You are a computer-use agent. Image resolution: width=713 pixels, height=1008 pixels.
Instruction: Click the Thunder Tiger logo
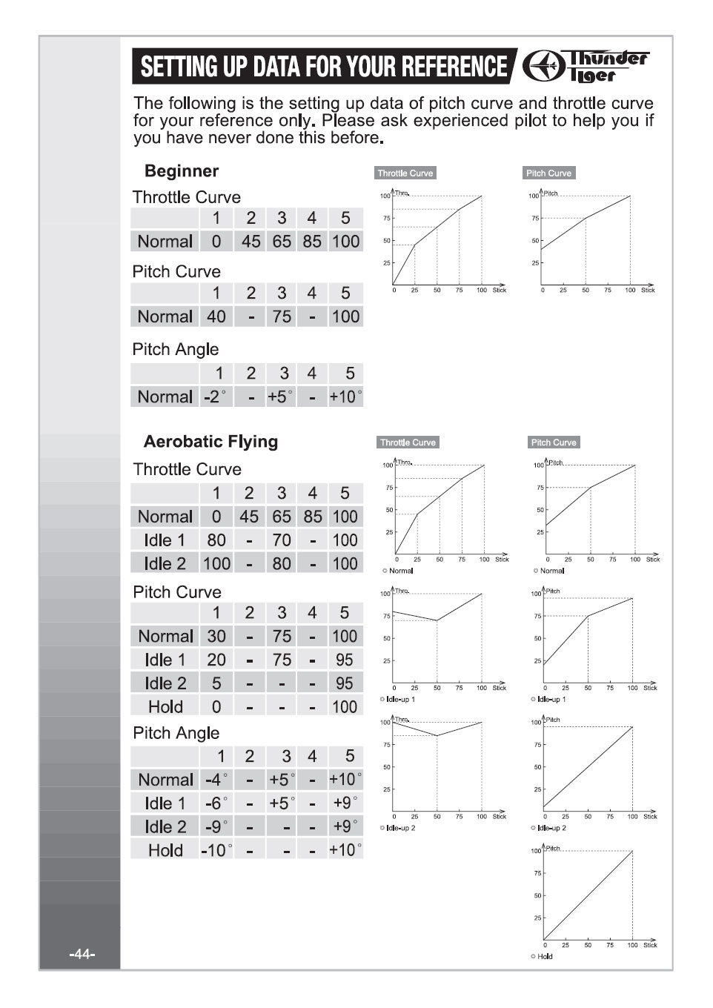click(586, 67)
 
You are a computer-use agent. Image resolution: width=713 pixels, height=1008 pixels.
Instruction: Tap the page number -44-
click(82, 954)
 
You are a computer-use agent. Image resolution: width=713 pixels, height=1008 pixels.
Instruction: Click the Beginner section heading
click(182, 171)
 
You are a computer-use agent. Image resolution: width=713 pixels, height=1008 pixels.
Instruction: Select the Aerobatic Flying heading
click(210, 442)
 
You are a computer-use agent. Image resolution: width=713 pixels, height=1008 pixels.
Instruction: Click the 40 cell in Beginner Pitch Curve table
click(216, 316)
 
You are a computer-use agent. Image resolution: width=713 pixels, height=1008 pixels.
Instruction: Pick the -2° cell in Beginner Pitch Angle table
click(215, 397)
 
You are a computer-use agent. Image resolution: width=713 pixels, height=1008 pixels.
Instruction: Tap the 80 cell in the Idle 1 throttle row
click(216, 540)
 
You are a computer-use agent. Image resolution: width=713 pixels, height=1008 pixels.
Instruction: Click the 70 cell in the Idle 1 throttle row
click(282, 540)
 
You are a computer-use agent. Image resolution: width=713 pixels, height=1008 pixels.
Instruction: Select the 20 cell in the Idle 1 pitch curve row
click(216, 660)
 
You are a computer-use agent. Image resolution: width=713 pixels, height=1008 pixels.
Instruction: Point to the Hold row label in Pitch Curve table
click(165, 706)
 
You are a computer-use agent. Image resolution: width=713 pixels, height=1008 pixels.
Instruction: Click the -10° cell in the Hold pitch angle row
click(216, 850)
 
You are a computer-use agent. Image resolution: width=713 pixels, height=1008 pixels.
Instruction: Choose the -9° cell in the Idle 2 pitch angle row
click(216, 826)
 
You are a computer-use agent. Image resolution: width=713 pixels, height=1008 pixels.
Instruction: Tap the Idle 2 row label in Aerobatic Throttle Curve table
click(165, 563)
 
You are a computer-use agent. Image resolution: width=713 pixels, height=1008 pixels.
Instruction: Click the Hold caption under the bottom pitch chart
click(545, 956)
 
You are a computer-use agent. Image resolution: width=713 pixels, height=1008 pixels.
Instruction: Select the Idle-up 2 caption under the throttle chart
click(400, 828)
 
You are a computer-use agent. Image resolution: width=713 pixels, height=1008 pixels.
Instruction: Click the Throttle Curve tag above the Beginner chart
click(405, 173)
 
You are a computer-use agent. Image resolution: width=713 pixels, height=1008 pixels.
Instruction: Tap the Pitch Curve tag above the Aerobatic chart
click(553, 442)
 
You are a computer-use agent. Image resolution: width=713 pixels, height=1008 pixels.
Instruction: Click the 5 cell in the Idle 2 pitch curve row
click(216, 683)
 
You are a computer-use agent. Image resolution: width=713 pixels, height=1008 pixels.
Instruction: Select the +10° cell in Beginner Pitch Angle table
click(345, 397)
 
